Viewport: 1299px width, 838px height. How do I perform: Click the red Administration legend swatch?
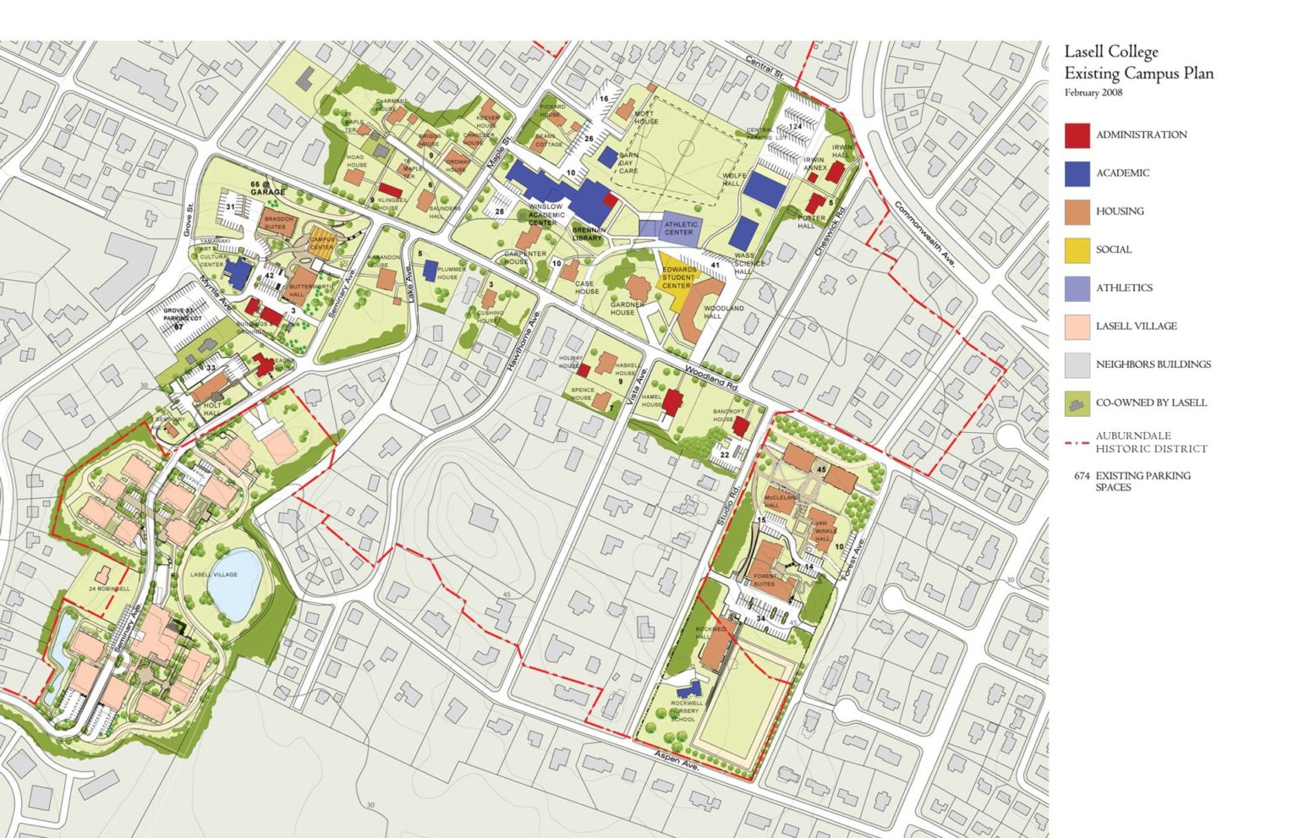coord(1077,134)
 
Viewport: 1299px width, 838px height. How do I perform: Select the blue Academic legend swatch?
coord(1077,173)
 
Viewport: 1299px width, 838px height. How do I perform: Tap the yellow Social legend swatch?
coord(1077,249)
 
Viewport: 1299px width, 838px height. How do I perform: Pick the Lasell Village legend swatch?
coord(1077,326)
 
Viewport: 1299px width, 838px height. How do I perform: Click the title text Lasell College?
coord(1110,52)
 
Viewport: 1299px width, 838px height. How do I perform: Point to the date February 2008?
coord(1093,93)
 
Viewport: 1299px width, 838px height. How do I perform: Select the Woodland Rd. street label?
coord(712,376)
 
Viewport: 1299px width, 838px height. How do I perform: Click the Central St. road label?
coord(765,68)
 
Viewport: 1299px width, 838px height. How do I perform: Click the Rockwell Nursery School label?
coord(685,710)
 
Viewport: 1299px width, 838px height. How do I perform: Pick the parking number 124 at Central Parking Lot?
coord(794,126)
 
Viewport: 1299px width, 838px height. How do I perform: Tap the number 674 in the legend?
coord(1082,476)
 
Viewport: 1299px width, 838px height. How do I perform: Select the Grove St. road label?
coord(189,218)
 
